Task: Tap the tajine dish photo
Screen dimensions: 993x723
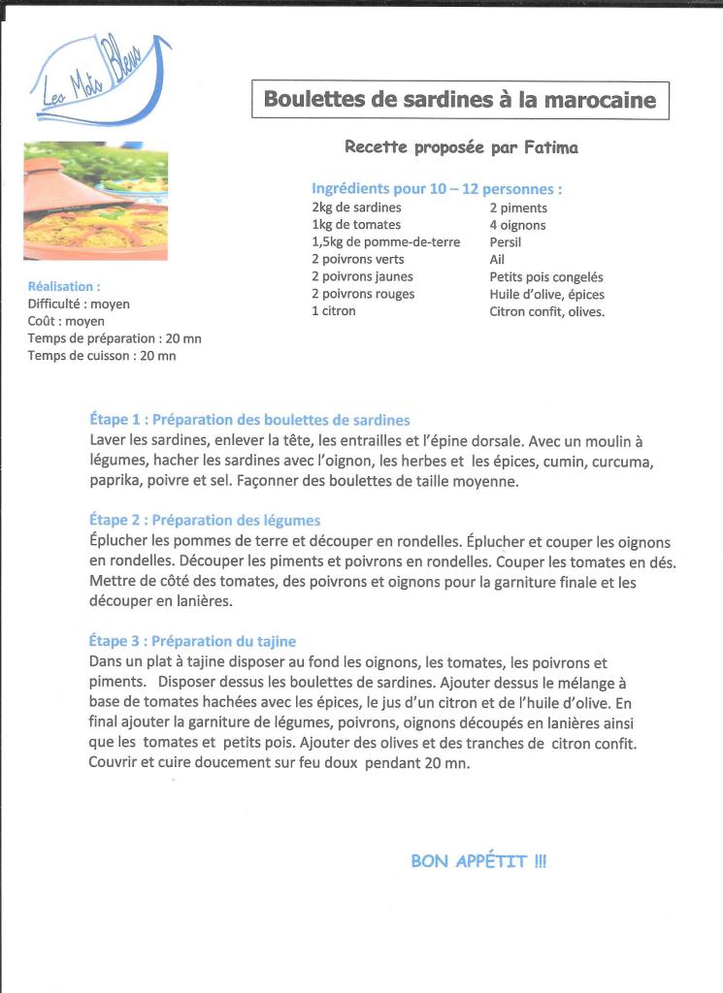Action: [x=95, y=201]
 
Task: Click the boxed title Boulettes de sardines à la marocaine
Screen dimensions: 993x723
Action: [x=460, y=100]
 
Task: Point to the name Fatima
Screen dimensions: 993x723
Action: [x=550, y=147]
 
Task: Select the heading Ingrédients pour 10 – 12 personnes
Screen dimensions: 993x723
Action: [x=437, y=189]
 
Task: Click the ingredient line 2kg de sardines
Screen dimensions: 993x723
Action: [x=356, y=208]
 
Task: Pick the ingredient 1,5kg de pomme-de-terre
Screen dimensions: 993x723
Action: [x=385, y=241]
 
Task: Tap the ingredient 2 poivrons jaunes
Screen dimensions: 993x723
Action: [x=362, y=276]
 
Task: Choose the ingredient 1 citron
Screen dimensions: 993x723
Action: [x=333, y=311]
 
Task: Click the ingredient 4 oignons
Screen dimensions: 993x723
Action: [x=517, y=225]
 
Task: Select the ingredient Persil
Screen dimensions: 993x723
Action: [x=506, y=241]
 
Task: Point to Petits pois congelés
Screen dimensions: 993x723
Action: [x=545, y=277]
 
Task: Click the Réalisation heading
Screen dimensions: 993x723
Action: [x=64, y=287]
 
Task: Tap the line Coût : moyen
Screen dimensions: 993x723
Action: [x=66, y=321]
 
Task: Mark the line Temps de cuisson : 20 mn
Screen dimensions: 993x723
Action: [x=102, y=356]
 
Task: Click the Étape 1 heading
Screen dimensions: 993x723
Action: [x=249, y=420]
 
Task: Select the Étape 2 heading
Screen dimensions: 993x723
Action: [x=204, y=521]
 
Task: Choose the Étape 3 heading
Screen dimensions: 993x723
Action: [x=192, y=641]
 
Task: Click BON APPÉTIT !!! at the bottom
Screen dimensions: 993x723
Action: [x=478, y=861]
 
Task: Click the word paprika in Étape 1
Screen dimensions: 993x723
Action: [x=113, y=481]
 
